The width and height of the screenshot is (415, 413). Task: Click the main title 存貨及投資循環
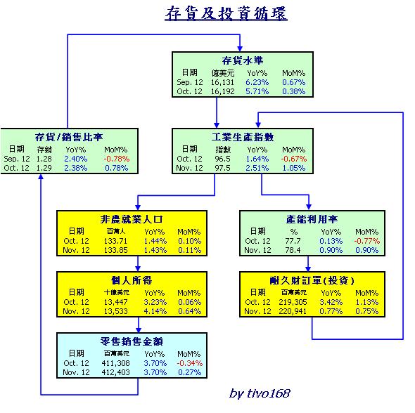coord(226,13)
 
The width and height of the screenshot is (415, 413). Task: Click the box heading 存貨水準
coord(242,60)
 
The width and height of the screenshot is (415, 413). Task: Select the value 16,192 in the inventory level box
coord(222,91)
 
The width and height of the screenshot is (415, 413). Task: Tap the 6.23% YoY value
coord(257,82)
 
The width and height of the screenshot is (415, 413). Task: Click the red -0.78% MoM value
coord(117,159)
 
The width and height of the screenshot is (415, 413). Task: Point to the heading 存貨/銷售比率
coord(68,137)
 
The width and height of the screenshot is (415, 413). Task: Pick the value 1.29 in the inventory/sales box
coord(44,168)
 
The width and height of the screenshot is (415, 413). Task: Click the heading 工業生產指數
coord(243,137)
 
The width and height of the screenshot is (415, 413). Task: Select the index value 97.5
coord(222,168)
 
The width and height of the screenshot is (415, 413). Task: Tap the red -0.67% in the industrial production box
coord(294,159)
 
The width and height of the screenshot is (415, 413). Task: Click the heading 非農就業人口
coord(132,219)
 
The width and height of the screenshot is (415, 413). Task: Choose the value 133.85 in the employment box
coord(115,250)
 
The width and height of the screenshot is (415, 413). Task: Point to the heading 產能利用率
coord(312,219)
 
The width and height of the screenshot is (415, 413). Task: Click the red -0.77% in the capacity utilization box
coord(367,241)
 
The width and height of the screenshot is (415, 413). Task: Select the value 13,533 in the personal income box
coord(115,311)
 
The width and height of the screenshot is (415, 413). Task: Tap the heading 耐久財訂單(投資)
coord(312,280)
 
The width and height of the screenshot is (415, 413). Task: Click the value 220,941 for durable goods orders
coord(293,311)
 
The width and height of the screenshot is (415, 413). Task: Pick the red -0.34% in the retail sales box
coord(189,363)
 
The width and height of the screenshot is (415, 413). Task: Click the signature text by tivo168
coord(260,393)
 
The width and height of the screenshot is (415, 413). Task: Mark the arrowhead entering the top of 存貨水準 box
coord(240,48)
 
